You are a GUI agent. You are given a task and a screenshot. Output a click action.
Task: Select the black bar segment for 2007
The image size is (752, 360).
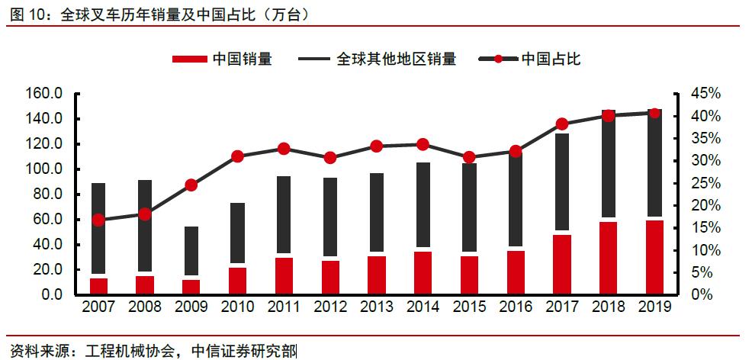98,229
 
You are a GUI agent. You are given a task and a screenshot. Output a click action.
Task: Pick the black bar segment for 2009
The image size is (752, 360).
191,251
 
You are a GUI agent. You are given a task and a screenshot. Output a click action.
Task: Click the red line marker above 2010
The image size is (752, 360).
237,156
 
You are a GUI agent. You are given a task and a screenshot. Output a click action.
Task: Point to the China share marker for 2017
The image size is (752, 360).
562,124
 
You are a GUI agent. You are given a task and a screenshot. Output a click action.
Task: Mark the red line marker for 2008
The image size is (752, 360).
145,214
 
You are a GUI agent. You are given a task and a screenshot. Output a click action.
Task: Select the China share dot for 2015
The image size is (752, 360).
470,157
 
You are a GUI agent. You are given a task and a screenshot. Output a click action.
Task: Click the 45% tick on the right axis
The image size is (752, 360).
705,94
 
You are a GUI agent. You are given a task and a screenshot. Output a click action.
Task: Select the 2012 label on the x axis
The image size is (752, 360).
330,307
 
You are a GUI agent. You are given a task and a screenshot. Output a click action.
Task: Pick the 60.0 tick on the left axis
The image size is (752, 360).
46,220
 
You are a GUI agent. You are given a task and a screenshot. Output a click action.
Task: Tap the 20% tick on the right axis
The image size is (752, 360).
705,206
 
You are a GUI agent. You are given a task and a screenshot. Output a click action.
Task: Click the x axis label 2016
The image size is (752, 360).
516,307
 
